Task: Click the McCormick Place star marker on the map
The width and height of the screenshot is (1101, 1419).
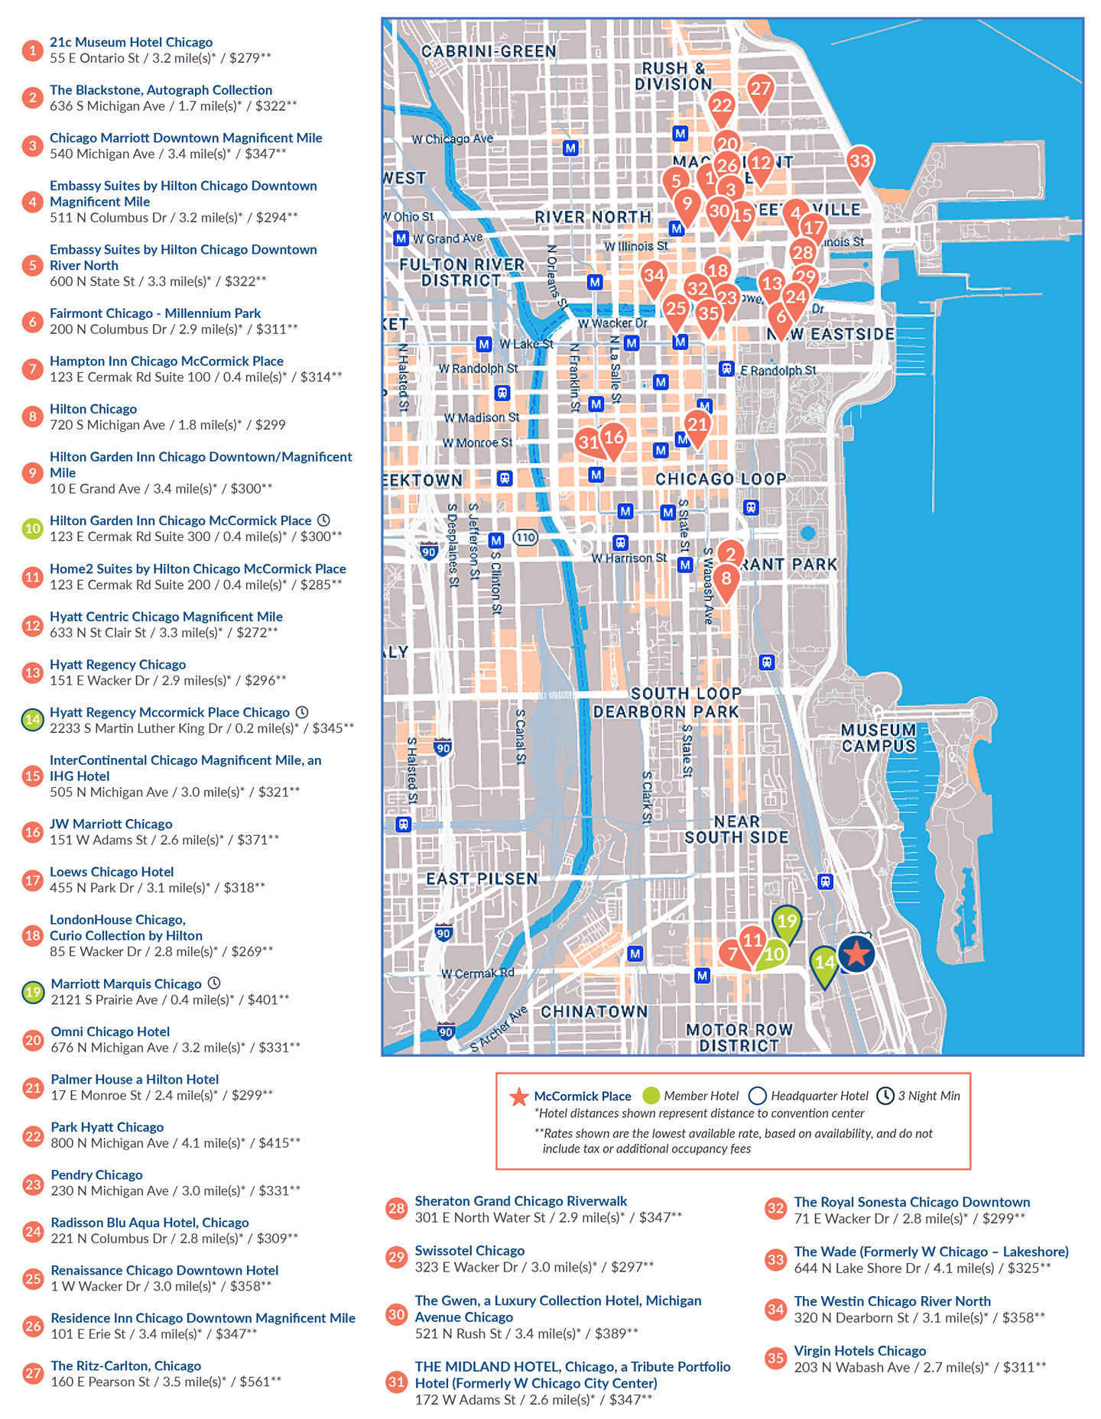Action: (x=856, y=954)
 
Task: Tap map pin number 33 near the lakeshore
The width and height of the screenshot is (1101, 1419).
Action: (x=859, y=160)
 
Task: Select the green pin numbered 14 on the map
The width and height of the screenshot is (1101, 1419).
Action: (x=824, y=962)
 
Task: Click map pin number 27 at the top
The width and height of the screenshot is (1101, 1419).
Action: (x=759, y=89)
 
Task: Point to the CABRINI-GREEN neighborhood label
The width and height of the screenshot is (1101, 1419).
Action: (x=489, y=51)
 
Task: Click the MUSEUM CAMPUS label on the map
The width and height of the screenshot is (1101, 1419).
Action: (x=879, y=737)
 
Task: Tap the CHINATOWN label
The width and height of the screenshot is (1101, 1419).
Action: (x=594, y=1011)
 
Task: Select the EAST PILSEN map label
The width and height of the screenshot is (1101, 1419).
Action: (x=482, y=878)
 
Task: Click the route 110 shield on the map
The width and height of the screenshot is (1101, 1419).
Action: (x=525, y=537)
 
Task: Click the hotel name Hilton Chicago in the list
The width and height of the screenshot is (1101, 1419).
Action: (x=93, y=409)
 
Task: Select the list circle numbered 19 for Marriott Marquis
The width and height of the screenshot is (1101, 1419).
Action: (x=32, y=992)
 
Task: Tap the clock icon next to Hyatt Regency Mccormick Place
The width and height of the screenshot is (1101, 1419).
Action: (x=302, y=712)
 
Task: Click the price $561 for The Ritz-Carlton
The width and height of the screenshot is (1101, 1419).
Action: (x=260, y=1382)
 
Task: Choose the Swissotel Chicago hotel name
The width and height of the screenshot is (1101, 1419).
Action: (x=469, y=1250)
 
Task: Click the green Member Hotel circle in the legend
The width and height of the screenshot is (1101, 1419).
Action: (x=651, y=1096)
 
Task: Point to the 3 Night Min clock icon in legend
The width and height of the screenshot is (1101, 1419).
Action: (x=885, y=1096)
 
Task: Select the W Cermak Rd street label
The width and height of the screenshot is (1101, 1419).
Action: (x=478, y=973)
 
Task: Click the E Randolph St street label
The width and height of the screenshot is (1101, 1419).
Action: (x=778, y=370)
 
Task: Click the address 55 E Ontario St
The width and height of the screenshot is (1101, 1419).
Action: (x=95, y=58)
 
